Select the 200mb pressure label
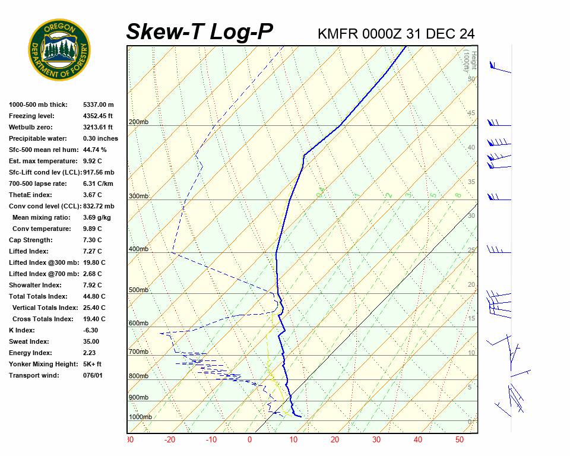[x=138, y=122]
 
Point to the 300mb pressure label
[x=138, y=196]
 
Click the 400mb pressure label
[x=138, y=249]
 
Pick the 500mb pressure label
[x=138, y=290]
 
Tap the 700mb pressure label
[x=138, y=352]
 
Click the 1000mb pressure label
[x=141, y=417]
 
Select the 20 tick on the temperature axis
[x=335, y=440]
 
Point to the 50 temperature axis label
[x=460, y=440]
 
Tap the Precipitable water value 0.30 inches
[x=100, y=138]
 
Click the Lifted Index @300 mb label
[x=39, y=262]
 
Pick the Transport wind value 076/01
[x=93, y=375]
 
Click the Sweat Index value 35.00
[x=91, y=341]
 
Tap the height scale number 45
[x=471, y=113]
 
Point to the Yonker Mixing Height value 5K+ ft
[x=93, y=364]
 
